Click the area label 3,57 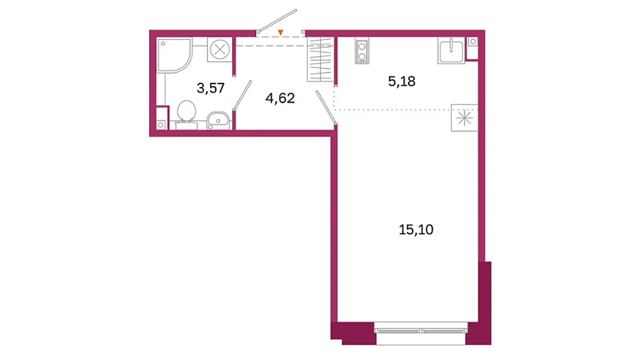pos(211,88)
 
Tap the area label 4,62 pos(280,98)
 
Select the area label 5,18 pos(402,81)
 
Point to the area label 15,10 pos(416,229)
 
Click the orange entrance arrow pos(281,32)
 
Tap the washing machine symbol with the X pos(220,50)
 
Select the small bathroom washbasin pos(218,120)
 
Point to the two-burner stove pos(362,51)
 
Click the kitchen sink pos(451,51)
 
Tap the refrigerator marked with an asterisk pos(465,118)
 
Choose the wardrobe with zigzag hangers pos(320,60)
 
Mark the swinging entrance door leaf pos(277,21)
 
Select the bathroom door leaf pos(242,95)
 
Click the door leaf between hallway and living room pos(326,107)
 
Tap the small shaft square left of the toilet pos(162,125)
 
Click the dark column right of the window pos(478,303)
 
